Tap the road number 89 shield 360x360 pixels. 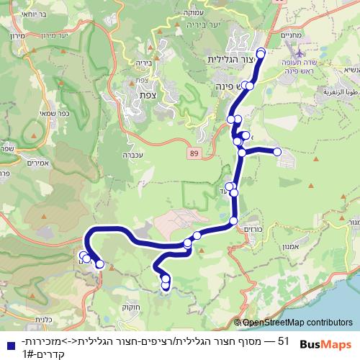tap(194, 153)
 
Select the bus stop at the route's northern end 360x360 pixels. tap(261, 53)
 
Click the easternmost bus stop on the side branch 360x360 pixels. tap(276, 151)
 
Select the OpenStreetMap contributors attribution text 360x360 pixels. tap(295, 323)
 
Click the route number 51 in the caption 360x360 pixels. tap(283, 339)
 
